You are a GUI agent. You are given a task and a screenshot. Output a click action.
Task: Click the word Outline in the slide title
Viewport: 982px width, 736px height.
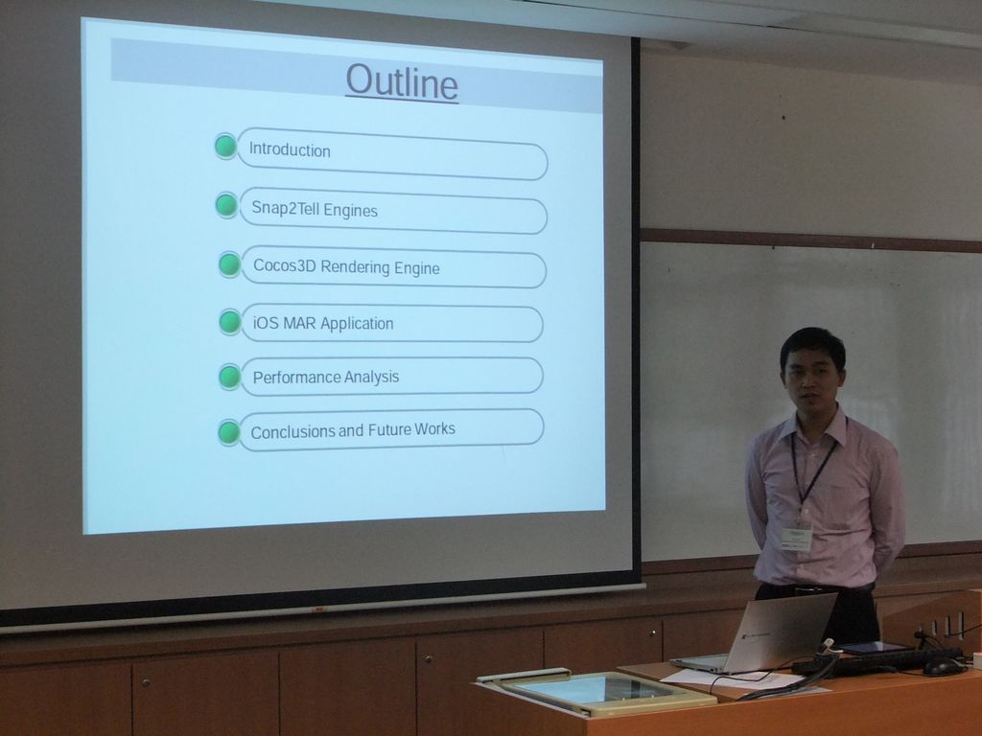402,82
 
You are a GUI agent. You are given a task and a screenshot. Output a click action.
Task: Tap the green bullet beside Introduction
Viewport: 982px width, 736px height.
225,146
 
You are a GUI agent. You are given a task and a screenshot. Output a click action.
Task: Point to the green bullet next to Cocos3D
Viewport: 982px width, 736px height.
230,264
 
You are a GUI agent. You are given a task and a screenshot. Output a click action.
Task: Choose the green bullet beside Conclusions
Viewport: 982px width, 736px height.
228,432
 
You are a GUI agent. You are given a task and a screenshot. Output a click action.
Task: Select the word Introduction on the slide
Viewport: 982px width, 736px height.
290,150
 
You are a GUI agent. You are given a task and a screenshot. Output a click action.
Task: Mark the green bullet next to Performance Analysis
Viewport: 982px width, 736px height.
230,377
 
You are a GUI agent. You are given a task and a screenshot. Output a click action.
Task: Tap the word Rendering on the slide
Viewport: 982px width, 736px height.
355,267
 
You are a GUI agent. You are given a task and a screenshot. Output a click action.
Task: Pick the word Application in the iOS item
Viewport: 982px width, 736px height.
357,324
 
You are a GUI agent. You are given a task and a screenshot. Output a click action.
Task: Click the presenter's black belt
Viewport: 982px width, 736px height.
814,587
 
